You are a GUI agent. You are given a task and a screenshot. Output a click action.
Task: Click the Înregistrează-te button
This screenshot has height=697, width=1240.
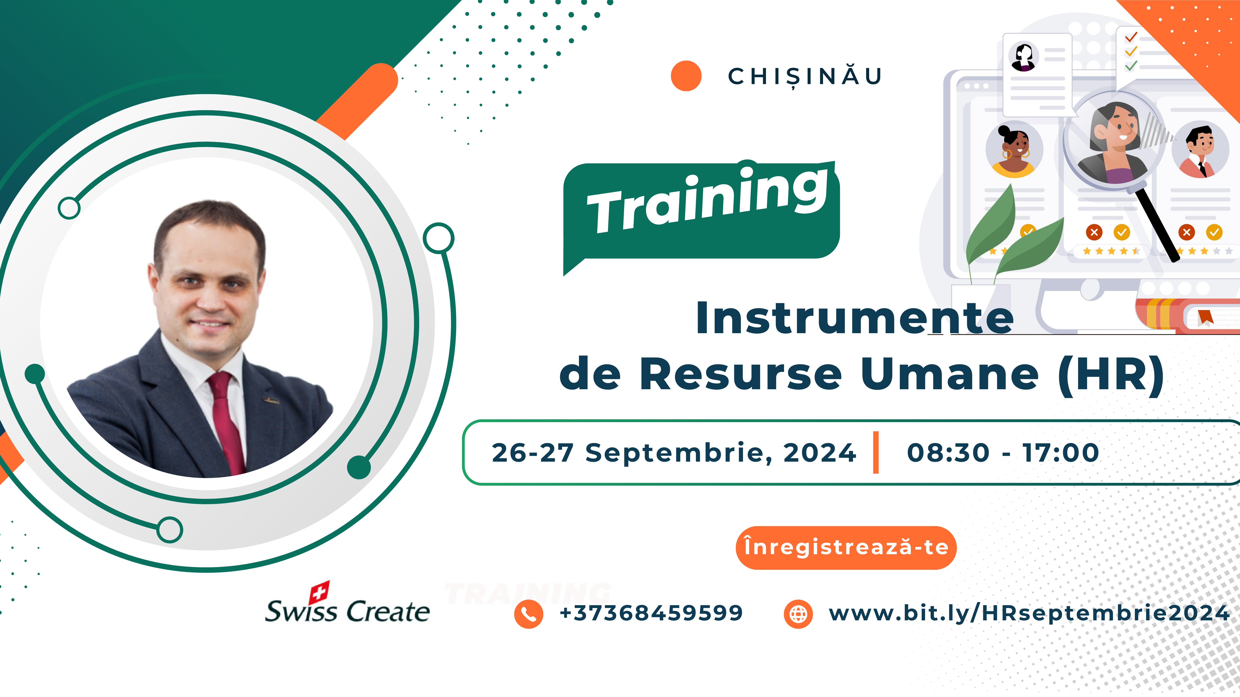[846, 547]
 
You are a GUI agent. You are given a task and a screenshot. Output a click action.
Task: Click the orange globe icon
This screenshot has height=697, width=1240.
[798, 614]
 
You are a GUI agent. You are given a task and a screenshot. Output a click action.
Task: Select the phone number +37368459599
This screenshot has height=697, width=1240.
[651, 613]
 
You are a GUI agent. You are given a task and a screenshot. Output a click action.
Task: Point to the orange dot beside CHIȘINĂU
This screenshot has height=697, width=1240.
[686, 76]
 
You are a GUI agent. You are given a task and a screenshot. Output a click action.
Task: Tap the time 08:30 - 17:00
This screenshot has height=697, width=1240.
[1003, 453]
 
